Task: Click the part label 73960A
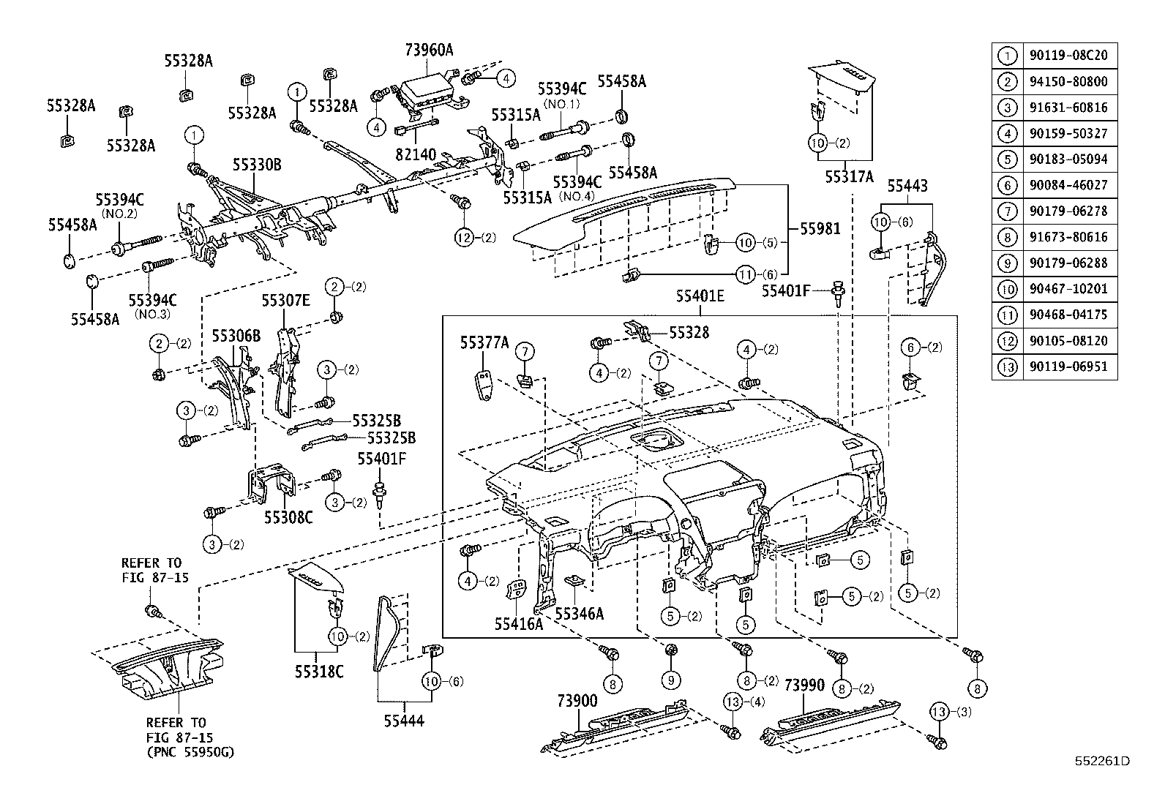[x=429, y=50]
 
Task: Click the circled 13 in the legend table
[x=1008, y=367]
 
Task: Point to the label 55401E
[x=700, y=296]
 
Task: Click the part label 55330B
[x=257, y=165]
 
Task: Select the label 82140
[x=416, y=154]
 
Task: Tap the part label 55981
[x=820, y=229]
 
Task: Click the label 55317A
[x=849, y=176]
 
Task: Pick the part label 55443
[x=907, y=187]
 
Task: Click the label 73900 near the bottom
[x=577, y=702]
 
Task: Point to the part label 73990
[x=804, y=685]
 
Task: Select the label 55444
[x=404, y=721]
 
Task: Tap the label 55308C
[x=288, y=517]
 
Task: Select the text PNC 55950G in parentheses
[x=191, y=752]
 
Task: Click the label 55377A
[x=484, y=342]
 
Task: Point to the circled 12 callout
[x=465, y=237]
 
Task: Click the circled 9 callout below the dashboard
[x=671, y=680]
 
